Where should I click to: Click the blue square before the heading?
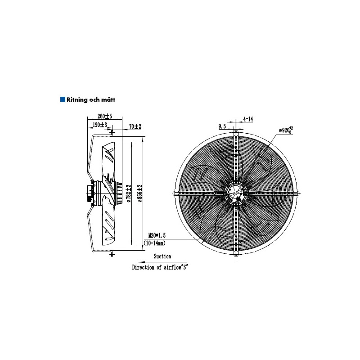tap(63, 99)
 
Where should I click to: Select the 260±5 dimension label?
tap(105, 116)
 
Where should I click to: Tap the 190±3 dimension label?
tap(100, 125)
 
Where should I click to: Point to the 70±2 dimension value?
tap(135, 126)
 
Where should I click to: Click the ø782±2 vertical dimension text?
tap(129, 193)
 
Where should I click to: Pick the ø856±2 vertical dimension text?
tap(140, 193)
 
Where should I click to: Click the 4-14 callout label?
tap(248, 119)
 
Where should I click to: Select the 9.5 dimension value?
tap(222, 126)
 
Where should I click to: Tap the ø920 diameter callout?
tap(286, 130)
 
